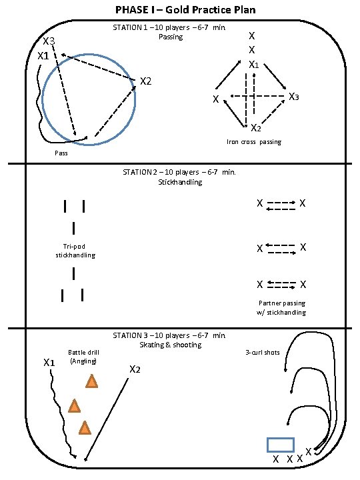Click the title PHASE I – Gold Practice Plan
tap(185, 10)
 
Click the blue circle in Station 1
tap(42, 99)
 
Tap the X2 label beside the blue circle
tap(146, 81)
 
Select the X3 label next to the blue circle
tap(49, 41)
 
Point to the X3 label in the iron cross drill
tap(294, 97)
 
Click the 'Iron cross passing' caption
tap(254, 142)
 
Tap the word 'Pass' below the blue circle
tap(61, 153)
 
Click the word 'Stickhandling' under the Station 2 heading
tap(180, 182)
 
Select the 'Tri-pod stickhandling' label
tap(75, 251)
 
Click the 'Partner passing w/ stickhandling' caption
tap(281, 307)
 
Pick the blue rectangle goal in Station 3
tap(281, 445)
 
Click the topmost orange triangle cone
tap(91, 381)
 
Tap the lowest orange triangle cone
tap(85, 428)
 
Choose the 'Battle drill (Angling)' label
tap(83, 357)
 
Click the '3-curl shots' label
tap(263, 353)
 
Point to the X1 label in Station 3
tap(49, 363)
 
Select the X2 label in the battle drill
tap(135, 369)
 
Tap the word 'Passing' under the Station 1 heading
tap(171, 37)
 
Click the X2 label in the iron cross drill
tap(256, 127)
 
